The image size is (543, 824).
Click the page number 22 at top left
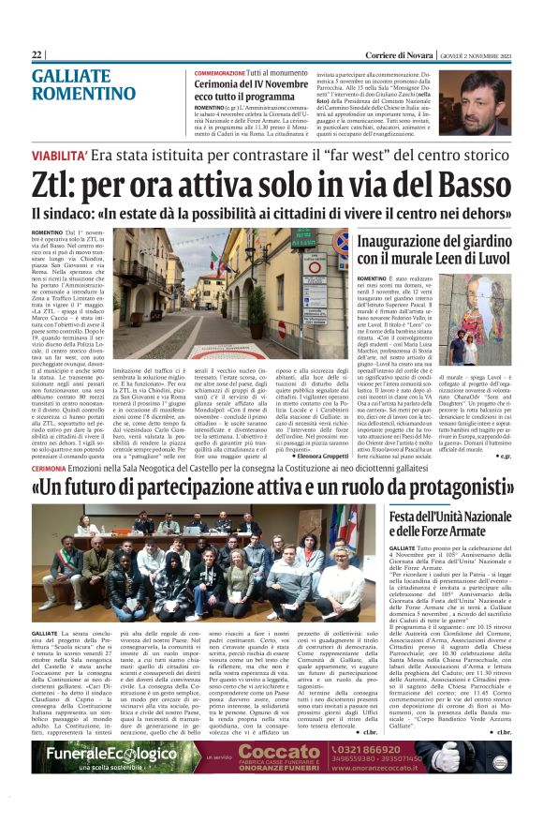pyautogui.click(x=37, y=55)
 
